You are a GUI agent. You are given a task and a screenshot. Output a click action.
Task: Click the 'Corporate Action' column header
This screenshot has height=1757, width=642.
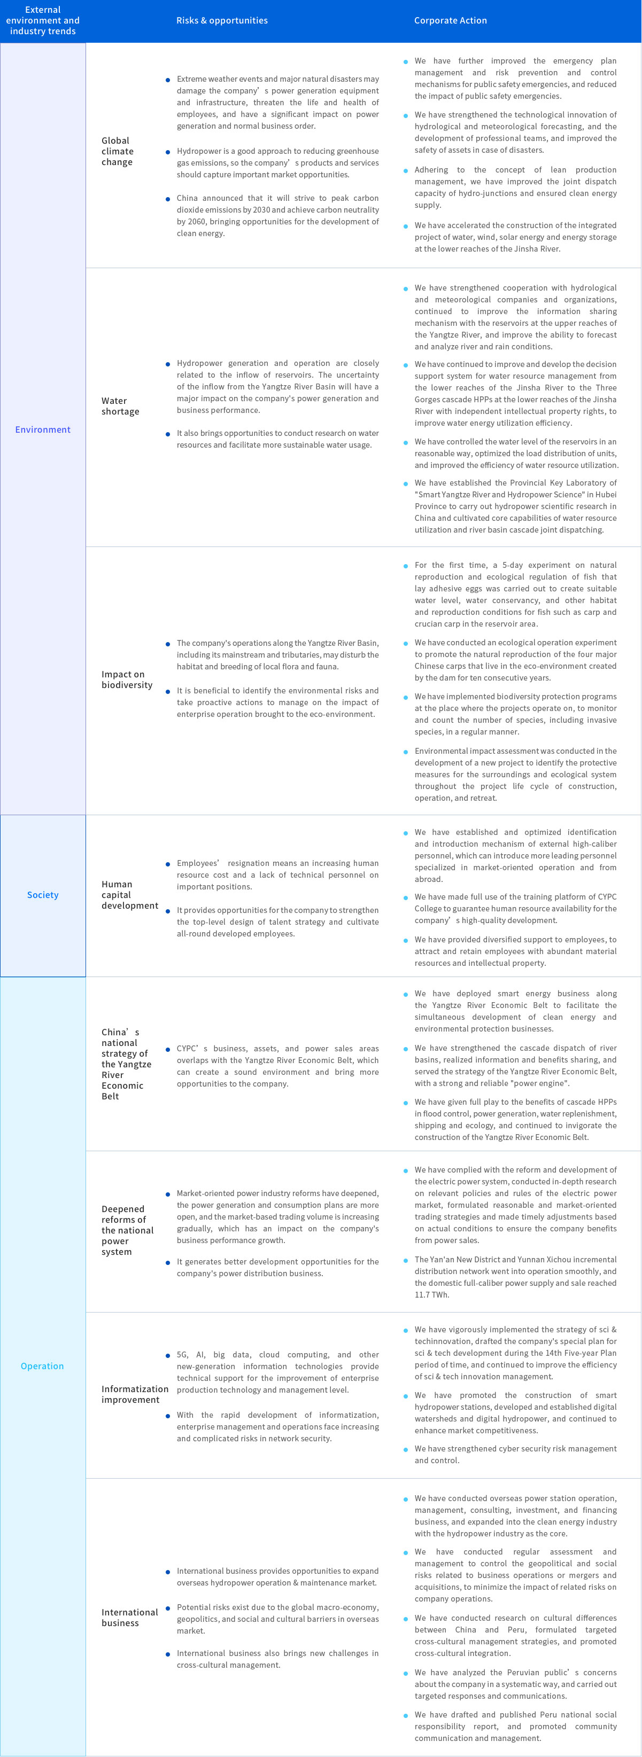(450, 20)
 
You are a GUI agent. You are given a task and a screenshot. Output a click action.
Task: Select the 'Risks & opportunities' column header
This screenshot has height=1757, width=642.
(222, 20)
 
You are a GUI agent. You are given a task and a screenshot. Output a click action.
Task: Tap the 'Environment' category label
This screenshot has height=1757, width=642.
(43, 430)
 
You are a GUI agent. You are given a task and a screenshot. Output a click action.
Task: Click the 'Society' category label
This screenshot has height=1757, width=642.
(43, 895)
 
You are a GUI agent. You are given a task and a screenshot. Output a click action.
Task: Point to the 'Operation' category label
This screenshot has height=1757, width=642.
(42, 1366)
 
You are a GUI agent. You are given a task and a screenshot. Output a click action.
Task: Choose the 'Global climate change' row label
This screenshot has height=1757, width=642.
(118, 151)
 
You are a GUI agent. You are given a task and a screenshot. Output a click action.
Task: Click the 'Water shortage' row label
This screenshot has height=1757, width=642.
(120, 406)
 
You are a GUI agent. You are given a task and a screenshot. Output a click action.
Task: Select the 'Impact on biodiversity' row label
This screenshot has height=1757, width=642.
(127, 680)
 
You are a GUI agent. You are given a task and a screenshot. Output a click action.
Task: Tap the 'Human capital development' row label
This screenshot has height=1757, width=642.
(129, 895)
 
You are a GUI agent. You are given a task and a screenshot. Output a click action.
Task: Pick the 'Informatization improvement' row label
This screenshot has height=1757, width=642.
(134, 1394)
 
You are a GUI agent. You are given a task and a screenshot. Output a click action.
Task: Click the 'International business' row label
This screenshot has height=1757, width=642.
(129, 1617)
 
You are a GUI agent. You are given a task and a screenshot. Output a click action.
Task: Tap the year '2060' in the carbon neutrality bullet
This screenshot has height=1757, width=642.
(197, 222)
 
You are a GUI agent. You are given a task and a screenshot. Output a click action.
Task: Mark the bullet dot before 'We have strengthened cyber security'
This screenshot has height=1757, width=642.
(406, 1449)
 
